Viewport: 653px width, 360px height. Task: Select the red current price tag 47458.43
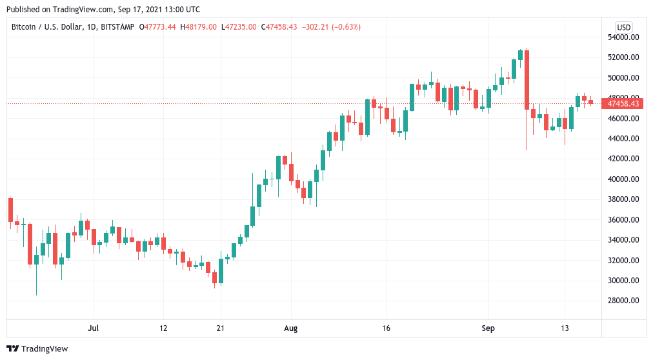623,103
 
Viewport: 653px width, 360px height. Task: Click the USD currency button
623,27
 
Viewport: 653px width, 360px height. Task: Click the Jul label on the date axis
94,328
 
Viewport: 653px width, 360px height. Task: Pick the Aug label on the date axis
291,328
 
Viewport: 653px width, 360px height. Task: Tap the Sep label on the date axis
488,328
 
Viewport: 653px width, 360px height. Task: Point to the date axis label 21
220,328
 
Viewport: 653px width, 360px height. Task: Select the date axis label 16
385,328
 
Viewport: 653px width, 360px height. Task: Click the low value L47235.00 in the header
239,27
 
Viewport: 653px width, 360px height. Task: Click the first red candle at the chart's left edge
10,210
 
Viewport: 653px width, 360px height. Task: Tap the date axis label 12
163,328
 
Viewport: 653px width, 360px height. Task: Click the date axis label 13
565,328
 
